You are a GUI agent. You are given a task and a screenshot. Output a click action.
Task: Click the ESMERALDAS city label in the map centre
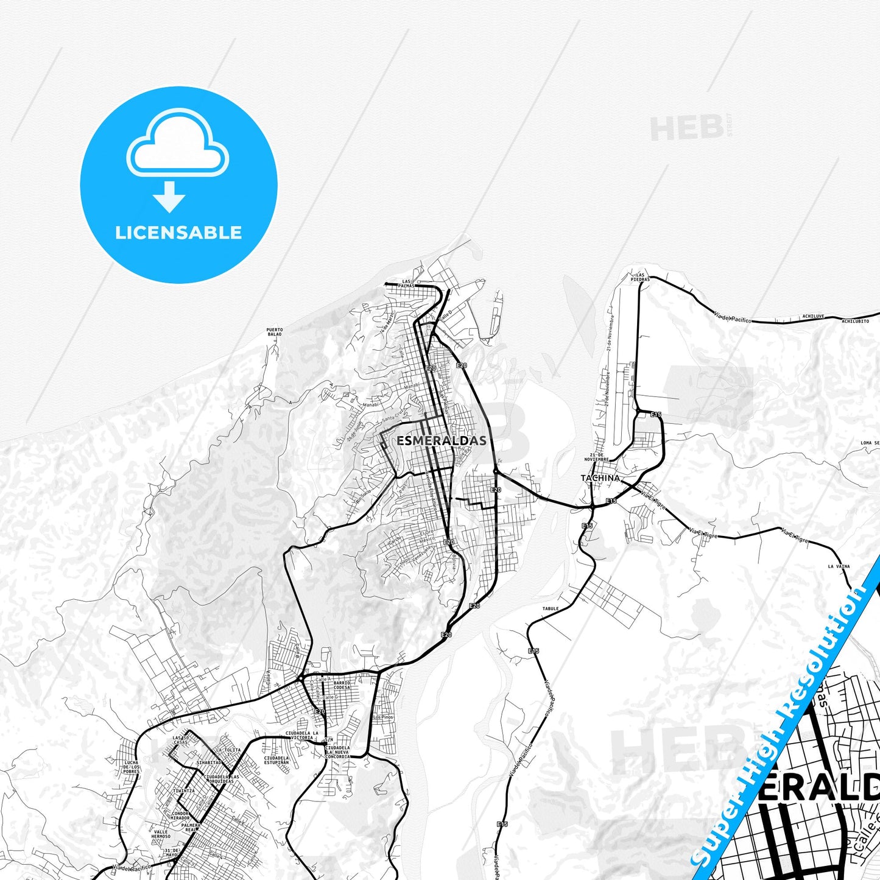tap(442, 440)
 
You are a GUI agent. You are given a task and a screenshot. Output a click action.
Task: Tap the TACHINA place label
tap(600, 478)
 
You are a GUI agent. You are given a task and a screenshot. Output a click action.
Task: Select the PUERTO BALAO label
tap(275, 332)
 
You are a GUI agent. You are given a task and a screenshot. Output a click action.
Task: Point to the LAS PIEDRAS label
tap(640, 277)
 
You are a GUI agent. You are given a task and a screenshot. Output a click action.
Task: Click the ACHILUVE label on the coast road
tap(813, 317)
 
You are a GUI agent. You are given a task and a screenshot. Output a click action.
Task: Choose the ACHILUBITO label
tap(856, 321)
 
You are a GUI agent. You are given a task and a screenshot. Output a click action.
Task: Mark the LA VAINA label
tap(839, 566)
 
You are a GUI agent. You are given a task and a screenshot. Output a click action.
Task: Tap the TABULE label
tap(550, 608)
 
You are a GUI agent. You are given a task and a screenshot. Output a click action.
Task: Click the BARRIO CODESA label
tap(342, 685)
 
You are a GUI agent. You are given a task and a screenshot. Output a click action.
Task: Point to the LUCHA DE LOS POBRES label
tap(132, 767)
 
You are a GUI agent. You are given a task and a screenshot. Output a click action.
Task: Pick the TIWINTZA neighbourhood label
tap(184, 791)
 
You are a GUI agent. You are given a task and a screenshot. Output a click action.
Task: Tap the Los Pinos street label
tap(383, 717)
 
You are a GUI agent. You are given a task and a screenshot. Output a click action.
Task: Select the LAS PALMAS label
tap(406, 283)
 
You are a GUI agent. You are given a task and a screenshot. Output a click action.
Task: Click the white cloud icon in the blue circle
tap(177, 144)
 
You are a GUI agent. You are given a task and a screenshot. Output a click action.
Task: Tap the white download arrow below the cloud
tap(169, 196)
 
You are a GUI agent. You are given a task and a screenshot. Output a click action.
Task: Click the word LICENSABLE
tap(178, 233)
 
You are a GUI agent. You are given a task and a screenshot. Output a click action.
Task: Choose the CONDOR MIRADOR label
tap(180, 815)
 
